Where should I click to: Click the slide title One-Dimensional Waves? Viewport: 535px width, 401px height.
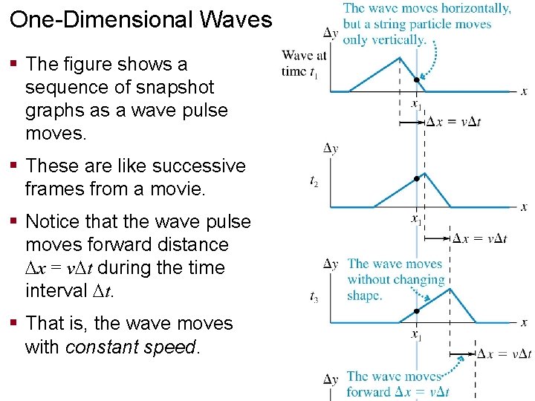tap(141, 19)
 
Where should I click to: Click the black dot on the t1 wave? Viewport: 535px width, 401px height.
tap(417, 80)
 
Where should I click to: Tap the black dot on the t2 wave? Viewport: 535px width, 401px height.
tap(417, 178)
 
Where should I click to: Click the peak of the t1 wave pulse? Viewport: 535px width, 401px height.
tap(401, 58)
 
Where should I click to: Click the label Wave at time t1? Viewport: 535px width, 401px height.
tap(305, 63)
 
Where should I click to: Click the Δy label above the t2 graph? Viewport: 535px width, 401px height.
tap(331, 149)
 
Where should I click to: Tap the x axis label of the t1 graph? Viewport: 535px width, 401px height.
tap(524, 91)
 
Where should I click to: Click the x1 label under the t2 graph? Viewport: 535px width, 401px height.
tap(417, 218)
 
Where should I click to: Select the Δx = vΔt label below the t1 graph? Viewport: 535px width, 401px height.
tap(453, 122)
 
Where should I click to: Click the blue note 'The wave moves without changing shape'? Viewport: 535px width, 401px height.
tap(395, 279)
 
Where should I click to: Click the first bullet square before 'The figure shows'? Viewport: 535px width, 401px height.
tap(15, 65)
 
